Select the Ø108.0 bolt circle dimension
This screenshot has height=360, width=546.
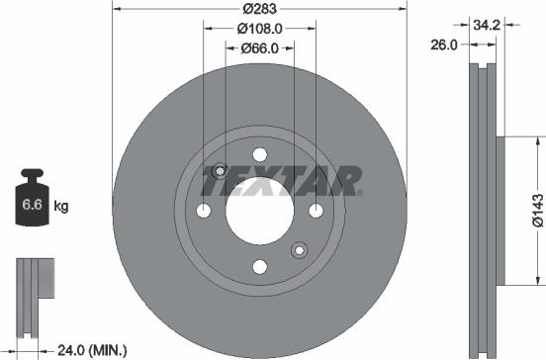point(259,29)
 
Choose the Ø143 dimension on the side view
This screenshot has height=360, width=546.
point(535,211)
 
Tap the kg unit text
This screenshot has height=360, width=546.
point(60,207)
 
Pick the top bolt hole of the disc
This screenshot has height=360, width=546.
point(259,155)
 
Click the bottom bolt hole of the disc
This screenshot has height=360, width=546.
point(259,266)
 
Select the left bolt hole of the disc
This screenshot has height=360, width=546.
point(204,211)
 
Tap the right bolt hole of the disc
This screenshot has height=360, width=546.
point(315,211)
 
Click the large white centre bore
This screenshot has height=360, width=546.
point(259,211)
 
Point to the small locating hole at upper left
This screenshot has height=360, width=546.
point(220,171)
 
